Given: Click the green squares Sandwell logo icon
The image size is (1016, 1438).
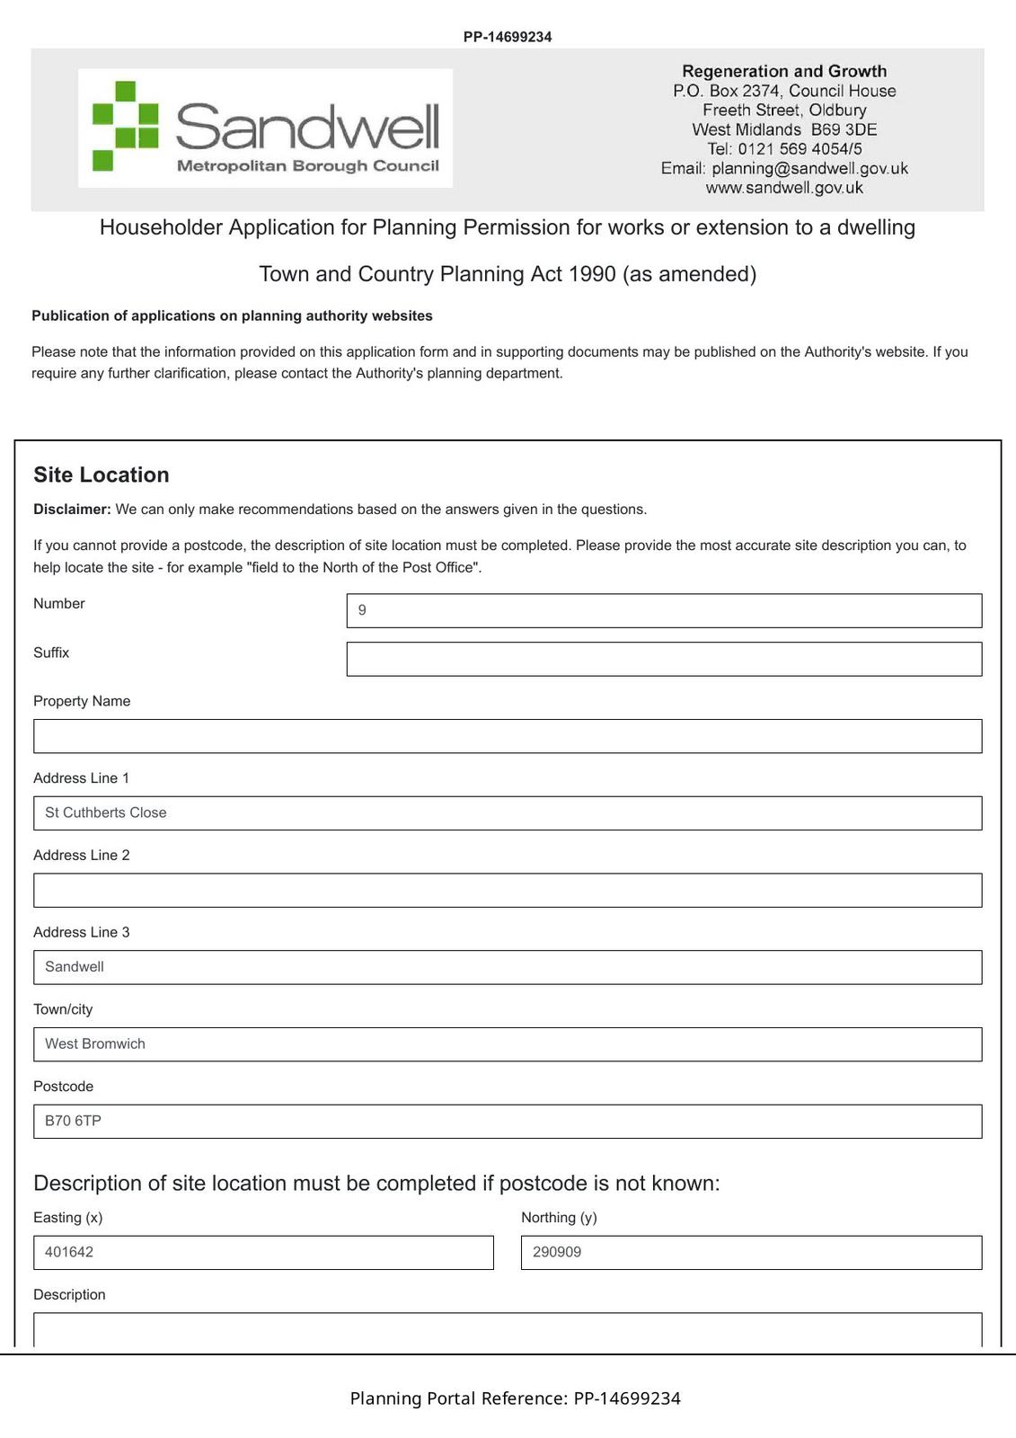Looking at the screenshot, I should pyautogui.click(x=125, y=126).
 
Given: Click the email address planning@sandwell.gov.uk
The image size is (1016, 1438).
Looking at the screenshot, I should pyautogui.click(x=809, y=168).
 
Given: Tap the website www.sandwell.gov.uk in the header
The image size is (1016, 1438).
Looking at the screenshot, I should pyautogui.click(x=784, y=188).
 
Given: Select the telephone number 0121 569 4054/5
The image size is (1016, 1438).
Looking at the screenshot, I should pyautogui.click(x=800, y=149).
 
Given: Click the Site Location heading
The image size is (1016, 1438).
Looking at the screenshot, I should pyautogui.click(x=102, y=475).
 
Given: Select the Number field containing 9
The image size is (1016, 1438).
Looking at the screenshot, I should pyautogui.click(x=664, y=610).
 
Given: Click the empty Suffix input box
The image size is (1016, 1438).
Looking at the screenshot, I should pyautogui.click(x=664, y=659).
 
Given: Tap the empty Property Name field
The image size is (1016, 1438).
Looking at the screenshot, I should pyautogui.click(x=508, y=736).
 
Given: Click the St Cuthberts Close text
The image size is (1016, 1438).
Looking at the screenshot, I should pyautogui.click(x=106, y=812).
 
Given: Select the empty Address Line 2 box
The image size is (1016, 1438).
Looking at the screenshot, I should pyautogui.click(x=508, y=890).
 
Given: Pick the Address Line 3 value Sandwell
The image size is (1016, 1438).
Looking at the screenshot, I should pyautogui.click(x=75, y=967).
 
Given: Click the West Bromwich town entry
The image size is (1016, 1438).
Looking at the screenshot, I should pyautogui.click(x=95, y=1043).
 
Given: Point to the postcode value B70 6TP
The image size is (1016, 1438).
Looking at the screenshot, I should pyautogui.click(x=73, y=1121).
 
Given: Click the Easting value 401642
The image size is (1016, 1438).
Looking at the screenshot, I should pyautogui.click(x=69, y=1252).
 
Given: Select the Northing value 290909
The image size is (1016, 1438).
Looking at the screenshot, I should pyautogui.click(x=557, y=1252).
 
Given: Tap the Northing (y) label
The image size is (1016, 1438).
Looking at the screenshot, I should pyautogui.click(x=559, y=1218).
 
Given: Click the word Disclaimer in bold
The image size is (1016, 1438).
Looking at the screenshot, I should pyautogui.click(x=72, y=510).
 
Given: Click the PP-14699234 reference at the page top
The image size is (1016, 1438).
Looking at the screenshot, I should pyautogui.click(x=508, y=37).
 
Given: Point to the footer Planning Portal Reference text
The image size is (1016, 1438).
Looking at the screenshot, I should pyautogui.click(x=515, y=1398).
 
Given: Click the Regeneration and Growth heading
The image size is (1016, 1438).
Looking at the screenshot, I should pyautogui.click(x=784, y=71).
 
